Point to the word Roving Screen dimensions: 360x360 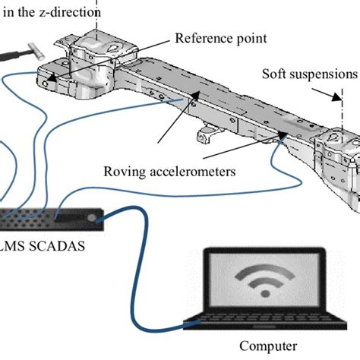click(x=125, y=172)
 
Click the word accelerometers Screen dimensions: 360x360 click(x=193, y=172)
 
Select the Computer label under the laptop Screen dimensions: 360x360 click(x=268, y=346)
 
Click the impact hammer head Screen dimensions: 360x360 click(x=36, y=52)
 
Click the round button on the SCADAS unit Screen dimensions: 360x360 click(x=91, y=218)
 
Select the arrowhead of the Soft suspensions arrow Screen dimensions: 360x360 click(x=337, y=96)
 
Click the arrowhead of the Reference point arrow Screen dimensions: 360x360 click(x=52, y=77)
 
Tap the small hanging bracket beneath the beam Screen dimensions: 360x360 click(x=207, y=134)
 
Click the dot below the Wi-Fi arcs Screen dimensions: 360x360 click(x=265, y=294)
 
